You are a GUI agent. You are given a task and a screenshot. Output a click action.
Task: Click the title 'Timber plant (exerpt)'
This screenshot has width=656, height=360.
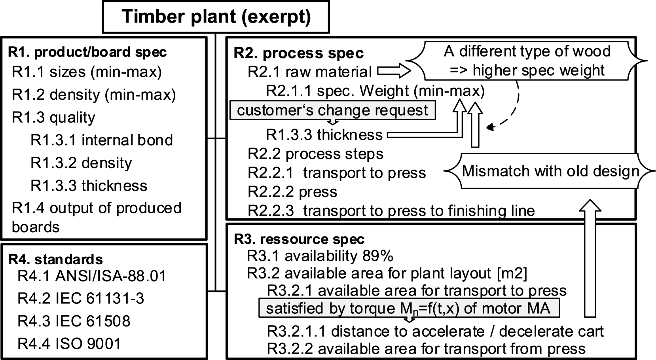[x=216, y=16]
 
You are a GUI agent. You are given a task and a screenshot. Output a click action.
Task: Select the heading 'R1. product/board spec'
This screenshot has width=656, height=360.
[x=87, y=52]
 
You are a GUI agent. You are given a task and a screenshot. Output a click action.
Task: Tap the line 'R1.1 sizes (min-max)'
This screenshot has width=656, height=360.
[x=87, y=72]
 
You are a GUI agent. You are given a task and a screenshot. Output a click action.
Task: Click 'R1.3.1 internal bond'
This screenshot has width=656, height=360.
[x=102, y=140]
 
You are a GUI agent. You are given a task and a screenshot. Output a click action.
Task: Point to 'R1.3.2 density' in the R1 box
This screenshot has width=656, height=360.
[x=81, y=163]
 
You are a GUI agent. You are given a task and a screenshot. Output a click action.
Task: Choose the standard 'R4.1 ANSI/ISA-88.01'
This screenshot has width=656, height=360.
[x=92, y=276]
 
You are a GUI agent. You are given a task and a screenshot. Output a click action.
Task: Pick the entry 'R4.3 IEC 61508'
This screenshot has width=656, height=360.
[x=74, y=321]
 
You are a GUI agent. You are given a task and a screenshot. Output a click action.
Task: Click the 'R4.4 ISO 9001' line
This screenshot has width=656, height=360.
[x=69, y=344]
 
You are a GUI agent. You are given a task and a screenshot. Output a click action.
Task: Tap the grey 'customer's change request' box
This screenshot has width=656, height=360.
[x=333, y=110]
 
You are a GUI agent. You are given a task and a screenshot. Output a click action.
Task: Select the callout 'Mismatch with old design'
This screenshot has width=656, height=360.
[x=550, y=171]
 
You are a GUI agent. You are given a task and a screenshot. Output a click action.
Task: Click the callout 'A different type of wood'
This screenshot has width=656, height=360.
[x=527, y=61]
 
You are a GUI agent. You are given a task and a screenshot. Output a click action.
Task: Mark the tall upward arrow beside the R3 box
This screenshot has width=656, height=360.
[x=590, y=258]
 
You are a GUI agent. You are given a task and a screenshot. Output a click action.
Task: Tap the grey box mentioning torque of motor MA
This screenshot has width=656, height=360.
[x=409, y=308]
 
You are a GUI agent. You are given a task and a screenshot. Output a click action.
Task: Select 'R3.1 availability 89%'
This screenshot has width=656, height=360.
[x=320, y=256]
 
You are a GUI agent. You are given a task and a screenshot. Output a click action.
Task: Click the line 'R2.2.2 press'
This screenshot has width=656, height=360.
[x=292, y=192]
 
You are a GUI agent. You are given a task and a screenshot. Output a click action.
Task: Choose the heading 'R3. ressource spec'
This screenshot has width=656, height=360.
[x=299, y=239]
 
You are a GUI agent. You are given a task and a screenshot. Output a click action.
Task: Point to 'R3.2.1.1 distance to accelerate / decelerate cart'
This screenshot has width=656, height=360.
[x=435, y=332]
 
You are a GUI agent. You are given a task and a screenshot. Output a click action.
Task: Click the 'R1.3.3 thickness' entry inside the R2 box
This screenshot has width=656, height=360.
[x=324, y=135]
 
